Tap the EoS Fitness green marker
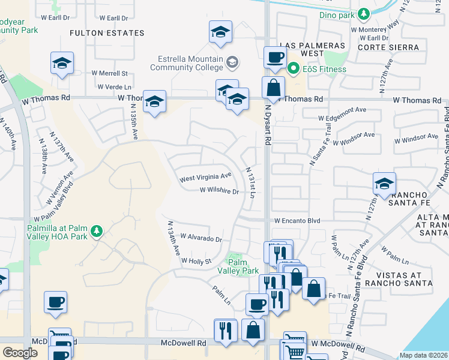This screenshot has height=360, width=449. pyautogui.click(x=294, y=68)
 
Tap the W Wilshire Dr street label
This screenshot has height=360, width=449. pyautogui.click(x=220, y=191)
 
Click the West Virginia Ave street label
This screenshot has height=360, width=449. pyautogui.click(x=205, y=178)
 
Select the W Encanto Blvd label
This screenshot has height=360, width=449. pyautogui.click(x=297, y=221)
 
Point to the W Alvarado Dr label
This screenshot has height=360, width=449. pyautogui.click(x=201, y=239)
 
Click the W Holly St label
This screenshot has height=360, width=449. pyautogui.click(x=196, y=261)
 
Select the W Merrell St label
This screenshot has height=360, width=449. pyautogui.click(x=110, y=73)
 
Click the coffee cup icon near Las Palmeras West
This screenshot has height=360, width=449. pyautogui.click(x=276, y=58)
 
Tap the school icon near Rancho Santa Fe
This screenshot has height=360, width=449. pyautogui.click(x=384, y=184)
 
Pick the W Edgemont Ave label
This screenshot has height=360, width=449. pyautogui.click(x=342, y=110)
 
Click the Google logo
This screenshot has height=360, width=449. pyautogui.click(x=20, y=353)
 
